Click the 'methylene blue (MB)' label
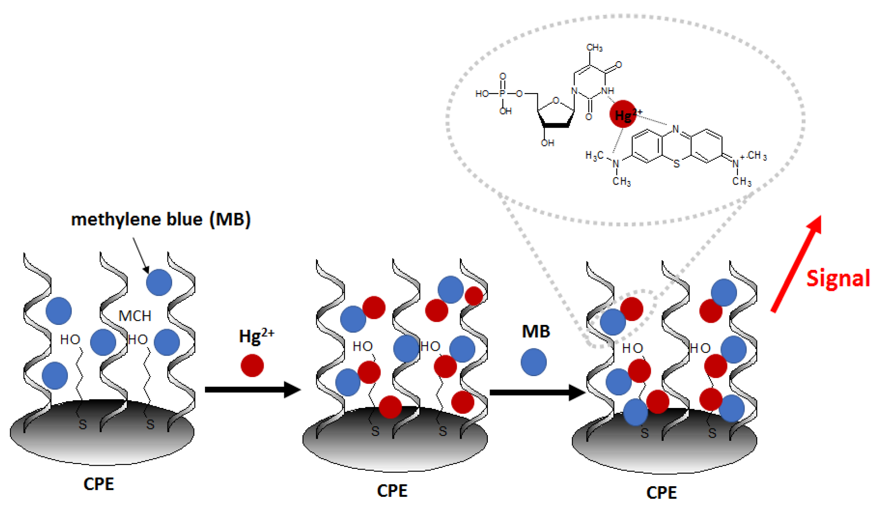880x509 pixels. pos(161,219)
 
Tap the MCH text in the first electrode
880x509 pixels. pos(135,316)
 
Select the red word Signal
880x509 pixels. pos(838,278)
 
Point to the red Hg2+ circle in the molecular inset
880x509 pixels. pos(622,114)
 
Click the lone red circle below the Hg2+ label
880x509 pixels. pos(252,365)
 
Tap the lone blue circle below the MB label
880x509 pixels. pos(533,362)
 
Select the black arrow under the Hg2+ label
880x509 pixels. pos(253,389)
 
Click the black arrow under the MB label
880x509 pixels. pos(537,392)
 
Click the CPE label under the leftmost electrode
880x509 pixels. pos(99,484)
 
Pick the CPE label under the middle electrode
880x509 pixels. pos(392,491)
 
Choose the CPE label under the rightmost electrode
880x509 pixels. pos(661,493)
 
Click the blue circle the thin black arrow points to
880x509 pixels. pos(159,282)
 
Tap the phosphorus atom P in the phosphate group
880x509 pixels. pos(502,94)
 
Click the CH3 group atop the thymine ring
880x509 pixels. pos(595,47)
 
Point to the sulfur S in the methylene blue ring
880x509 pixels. pos(676,164)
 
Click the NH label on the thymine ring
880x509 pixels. pos(608,91)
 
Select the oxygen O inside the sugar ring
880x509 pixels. pos(556,100)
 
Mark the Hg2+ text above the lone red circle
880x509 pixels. pos(256,336)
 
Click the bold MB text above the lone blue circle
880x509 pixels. pos(536,331)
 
